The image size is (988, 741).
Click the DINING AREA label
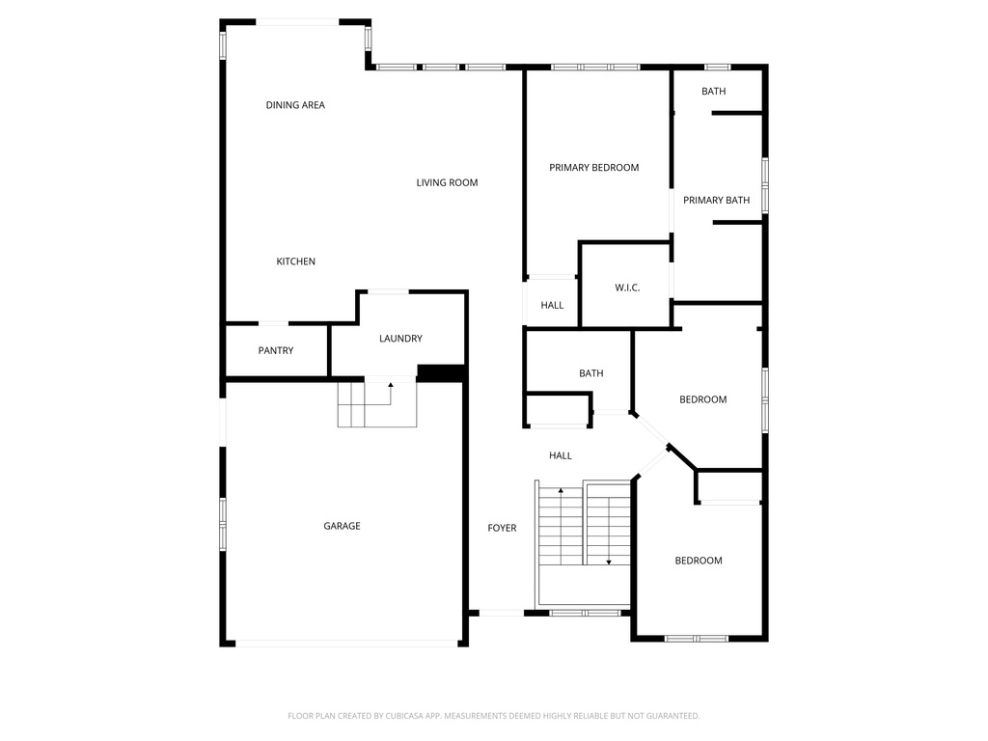295,105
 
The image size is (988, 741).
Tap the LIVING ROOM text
447,182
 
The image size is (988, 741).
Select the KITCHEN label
295,261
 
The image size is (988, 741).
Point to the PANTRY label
275,350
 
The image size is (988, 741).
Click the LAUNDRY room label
400,339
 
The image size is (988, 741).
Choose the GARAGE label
342,526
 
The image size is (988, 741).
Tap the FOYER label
502,528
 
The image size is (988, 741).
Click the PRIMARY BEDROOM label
593,168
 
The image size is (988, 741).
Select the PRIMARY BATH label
717,201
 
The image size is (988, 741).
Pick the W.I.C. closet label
627,288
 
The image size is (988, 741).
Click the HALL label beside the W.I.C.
552,306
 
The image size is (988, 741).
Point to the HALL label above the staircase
561,455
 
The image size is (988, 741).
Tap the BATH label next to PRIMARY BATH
713,92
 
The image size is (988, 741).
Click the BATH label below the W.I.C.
591,373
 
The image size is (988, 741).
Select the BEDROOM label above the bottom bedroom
702,399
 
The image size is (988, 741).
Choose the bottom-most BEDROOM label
699,561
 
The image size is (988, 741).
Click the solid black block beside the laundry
441,372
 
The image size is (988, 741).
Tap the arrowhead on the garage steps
391,384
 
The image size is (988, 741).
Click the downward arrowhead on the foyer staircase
609,563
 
